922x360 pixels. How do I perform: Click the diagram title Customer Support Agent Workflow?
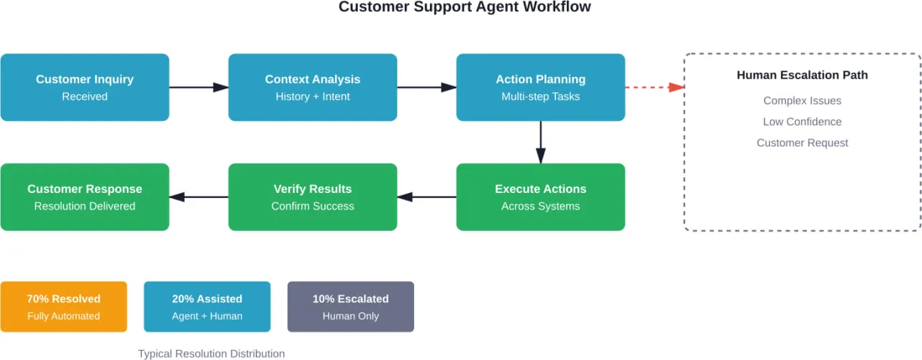click(x=465, y=7)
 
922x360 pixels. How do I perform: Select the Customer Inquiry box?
click(x=85, y=87)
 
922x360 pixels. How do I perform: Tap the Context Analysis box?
click(x=313, y=87)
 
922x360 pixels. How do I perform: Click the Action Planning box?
click(x=540, y=87)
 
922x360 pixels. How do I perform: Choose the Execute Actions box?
click(x=540, y=197)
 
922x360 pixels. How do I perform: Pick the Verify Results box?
click(x=313, y=197)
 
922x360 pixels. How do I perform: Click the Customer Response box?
click(x=85, y=197)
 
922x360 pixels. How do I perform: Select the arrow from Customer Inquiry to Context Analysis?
click(x=199, y=87)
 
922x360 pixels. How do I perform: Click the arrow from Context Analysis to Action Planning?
click(x=426, y=87)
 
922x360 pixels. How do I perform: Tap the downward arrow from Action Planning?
click(x=540, y=142)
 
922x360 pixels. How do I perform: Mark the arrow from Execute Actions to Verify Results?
click(x=426, y=197)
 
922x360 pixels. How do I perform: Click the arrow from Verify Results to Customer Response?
click(x=199, y=197)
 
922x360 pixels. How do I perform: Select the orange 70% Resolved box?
click(x=63, y=307)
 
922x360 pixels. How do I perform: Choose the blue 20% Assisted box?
click(x=207, y=307)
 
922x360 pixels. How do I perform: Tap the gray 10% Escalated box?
click(x=350, y=307)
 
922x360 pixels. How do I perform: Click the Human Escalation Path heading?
click(x=802, y=75)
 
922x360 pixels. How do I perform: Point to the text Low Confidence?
click(x=802, y=122)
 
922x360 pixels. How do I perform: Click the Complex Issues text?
click(x=802, y=101)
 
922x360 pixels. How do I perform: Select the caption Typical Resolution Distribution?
click(x=211, y=354)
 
